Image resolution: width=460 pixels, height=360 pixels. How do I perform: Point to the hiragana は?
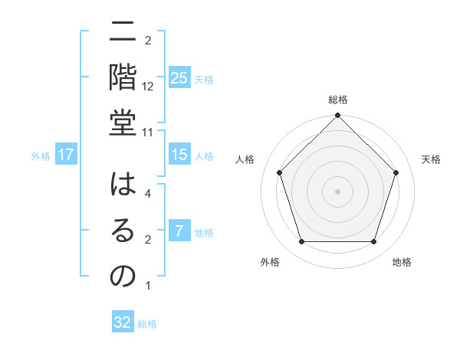coord(123,187)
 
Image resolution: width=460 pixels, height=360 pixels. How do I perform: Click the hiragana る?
coord(123,232)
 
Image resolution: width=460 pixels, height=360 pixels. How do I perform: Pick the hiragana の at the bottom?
coord(123,278)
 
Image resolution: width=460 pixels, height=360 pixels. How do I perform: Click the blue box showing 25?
coord(179,78)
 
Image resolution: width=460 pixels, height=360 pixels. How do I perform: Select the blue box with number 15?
coord(179,155)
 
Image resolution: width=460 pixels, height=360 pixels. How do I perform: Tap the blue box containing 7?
coord(179,231)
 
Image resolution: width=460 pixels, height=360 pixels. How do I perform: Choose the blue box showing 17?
coord(66,155)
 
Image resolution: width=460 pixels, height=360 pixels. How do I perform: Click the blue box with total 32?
coord(123,322)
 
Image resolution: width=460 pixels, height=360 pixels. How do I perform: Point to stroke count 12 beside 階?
coord(148,86)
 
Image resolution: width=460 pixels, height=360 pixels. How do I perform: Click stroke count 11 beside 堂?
coord(148,133)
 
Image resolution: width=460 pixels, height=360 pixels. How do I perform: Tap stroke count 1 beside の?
coord(148,286)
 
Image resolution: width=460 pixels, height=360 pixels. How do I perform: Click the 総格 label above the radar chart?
coord(338,100)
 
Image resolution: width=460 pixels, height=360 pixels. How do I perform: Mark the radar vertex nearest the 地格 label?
coord(373,242)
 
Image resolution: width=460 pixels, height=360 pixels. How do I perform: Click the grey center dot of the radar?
coord(337,191)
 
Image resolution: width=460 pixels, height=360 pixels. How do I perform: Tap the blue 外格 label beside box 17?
coord(41,155)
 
